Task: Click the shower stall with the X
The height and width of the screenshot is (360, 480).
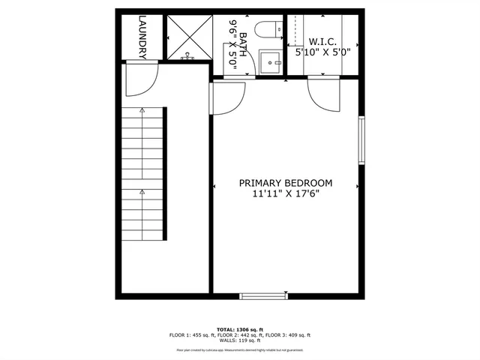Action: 189,37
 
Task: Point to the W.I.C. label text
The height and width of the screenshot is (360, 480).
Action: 322,41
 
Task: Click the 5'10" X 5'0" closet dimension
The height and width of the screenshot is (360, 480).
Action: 322,52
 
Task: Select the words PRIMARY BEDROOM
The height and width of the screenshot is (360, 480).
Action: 286,182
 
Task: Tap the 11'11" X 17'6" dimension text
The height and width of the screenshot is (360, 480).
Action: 286,193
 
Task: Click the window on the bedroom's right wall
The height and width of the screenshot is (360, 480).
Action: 361,140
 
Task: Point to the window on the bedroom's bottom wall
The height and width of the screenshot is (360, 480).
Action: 262,293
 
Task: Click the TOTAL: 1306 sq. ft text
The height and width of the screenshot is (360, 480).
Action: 240,329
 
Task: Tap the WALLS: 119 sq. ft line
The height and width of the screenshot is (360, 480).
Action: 240,341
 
